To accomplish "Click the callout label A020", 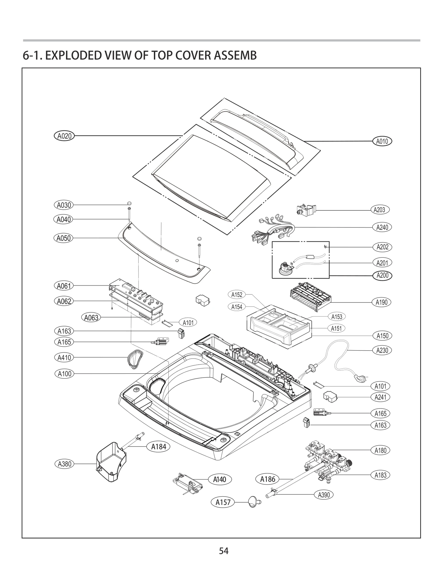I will pyautogui.click(x=64, y=136).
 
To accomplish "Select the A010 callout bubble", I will pyautogui.click(x=382, y=141).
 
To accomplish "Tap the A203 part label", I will pyautogui.click(x=379, y=210).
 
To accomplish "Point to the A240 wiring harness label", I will pyautogui.click(x=382, y=227).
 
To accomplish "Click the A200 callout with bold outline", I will pyautogui.click(x=382, y=275).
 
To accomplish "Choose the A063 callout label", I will pyautogui.click(x=91, y=318).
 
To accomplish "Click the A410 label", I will pyautogui.click(x=64, y=358).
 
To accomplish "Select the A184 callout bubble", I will pyautogui.click(x=159, y=447).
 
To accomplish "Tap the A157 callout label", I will pyautogui.click(x=223, y=502).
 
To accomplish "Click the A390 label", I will pyautogui.click(x=324, y=495).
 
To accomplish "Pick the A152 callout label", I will pyautogui.click(x=237, y=295).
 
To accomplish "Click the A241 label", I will pyautogui.click(x=380, y=397).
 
